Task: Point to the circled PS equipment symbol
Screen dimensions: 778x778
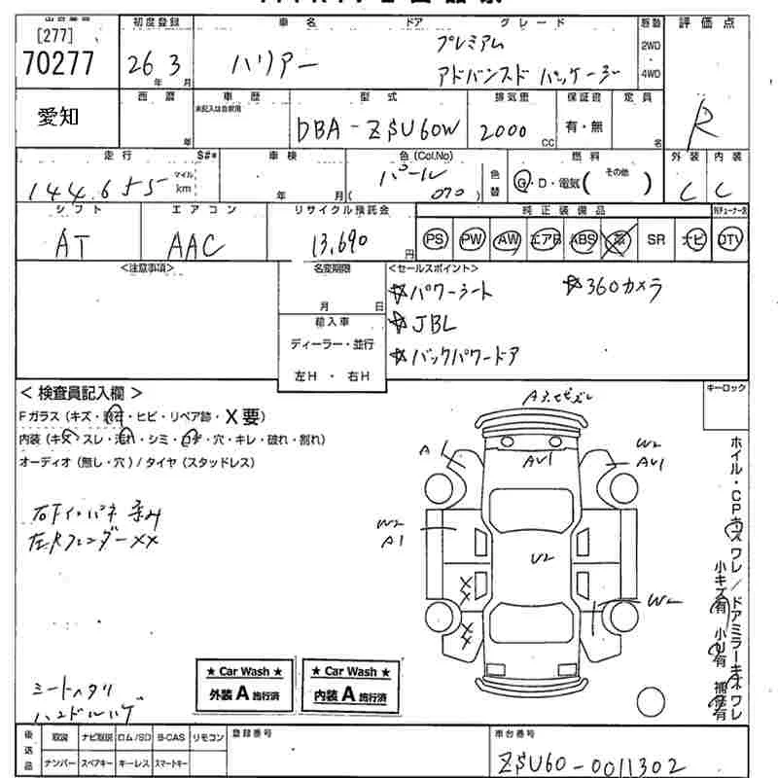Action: pos(436,239)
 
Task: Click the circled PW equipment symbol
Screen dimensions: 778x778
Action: pos(472,239)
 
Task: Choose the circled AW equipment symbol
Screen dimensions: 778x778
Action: pos(508,239)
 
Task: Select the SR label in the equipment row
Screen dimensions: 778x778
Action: pos(656,239)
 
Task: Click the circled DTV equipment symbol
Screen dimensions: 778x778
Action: pos(728,239)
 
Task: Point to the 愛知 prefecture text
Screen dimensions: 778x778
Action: pos(59,118)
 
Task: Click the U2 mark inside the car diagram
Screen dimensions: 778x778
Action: pos(540,558)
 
